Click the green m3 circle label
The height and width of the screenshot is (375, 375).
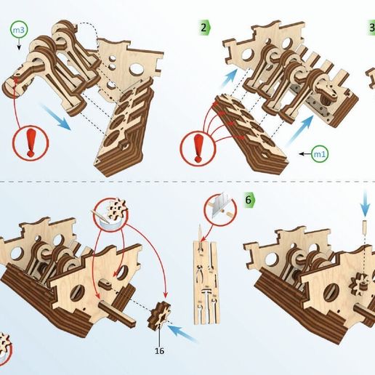click(18, 30)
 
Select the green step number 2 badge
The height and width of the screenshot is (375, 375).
click(205, 28)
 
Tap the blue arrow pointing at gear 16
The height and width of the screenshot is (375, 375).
click(187, 334)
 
